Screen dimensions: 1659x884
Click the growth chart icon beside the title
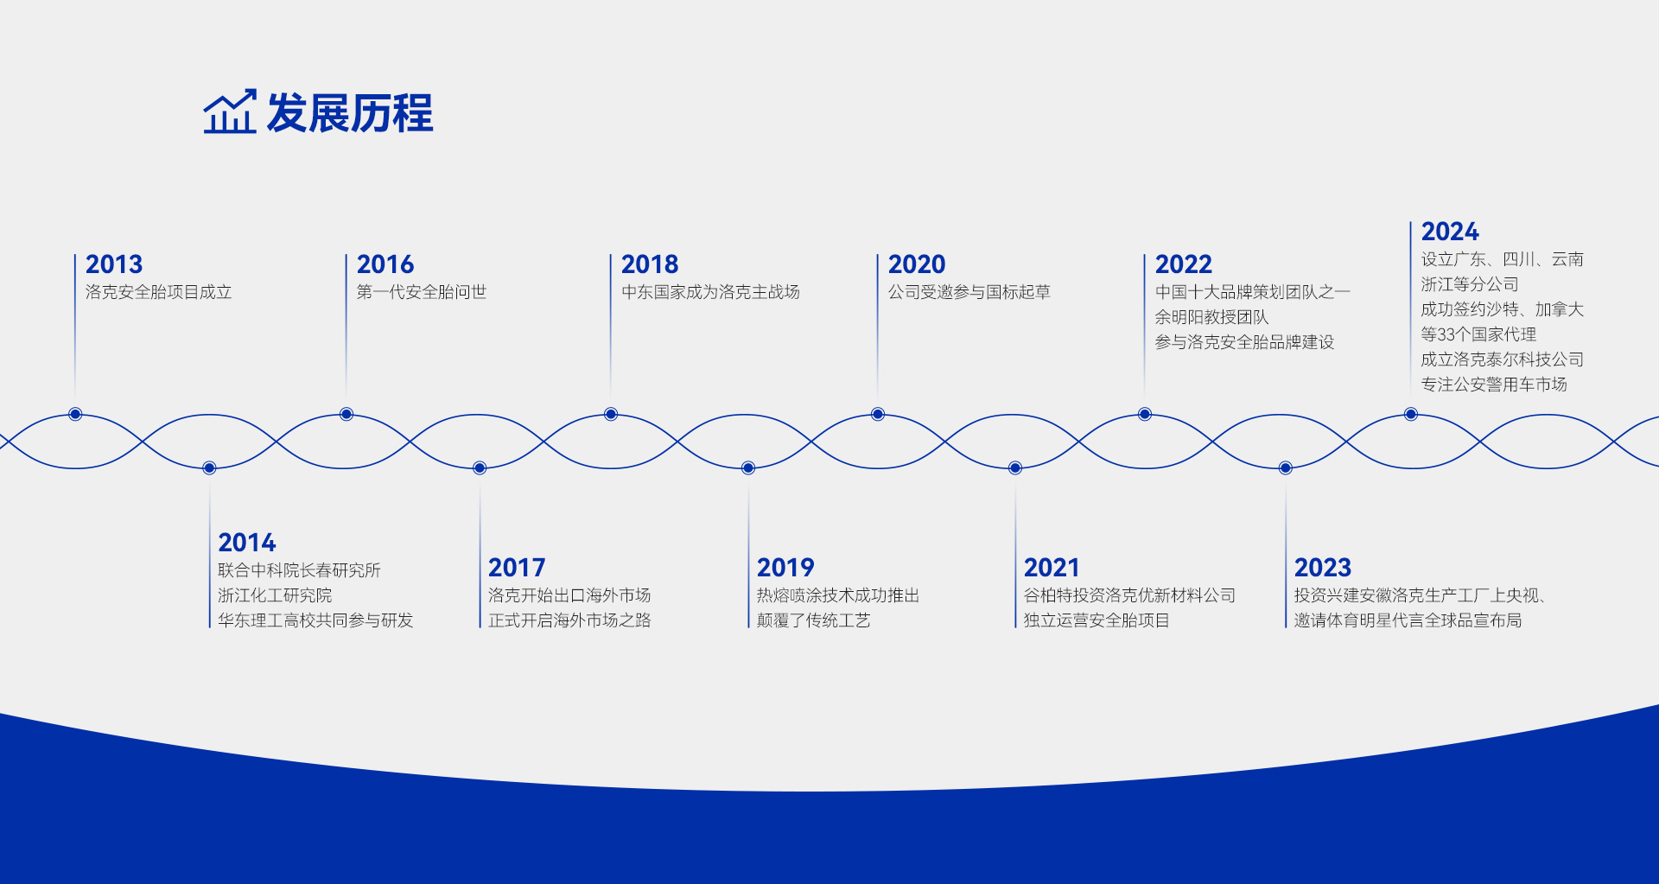pyautogui.click(x=230, y=111)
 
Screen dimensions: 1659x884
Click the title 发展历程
pyautogui.click(x=350, y=113)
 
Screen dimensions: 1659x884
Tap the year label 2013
pyautogui.click(x=114, y=264)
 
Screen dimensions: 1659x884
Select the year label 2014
pyautogui.click(x=247, y=543)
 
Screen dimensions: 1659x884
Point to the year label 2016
pyautogui.click(x=385, y=264)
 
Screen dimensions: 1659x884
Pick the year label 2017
pyautogui.click(x=517, y=568)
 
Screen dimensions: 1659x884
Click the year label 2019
pyautogui.click(x=785, y=568)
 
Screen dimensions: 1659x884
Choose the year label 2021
pyautogui.click(x=1052, y=568)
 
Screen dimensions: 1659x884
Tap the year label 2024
pyautogui.click(x=1450, y=232)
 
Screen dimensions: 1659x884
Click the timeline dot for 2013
pyautogui.click(x=75, y=414)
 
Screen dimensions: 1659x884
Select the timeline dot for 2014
pyautogui.click(x=209, y=467)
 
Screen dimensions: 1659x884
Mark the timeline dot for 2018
pyautogui.click(x=611, y=414)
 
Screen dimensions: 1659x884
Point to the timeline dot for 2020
pyautogui.click(x=878, y=414)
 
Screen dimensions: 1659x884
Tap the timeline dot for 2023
pyautogui.click(x=1286, y=467)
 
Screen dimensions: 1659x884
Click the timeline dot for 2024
pyautogui.click(x=1411, y=414)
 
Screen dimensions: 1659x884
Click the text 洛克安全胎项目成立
pyautogui.click(x=159, y=292)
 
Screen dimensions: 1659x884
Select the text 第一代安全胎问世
pyautogui.click(x=422, y=292)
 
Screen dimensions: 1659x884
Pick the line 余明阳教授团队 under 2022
pyautogui.click(x=1212, y=317)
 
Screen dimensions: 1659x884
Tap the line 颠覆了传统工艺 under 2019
pyautogui.click(x=814, y=620)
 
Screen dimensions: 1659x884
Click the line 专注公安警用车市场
pyautogui.click(x=1494, y=385)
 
